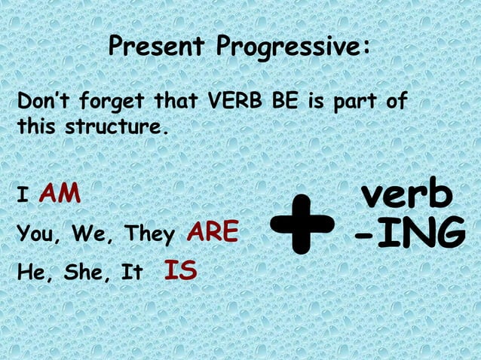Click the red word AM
point(60,194)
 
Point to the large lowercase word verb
point(407,195)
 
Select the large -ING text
point(410,235)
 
